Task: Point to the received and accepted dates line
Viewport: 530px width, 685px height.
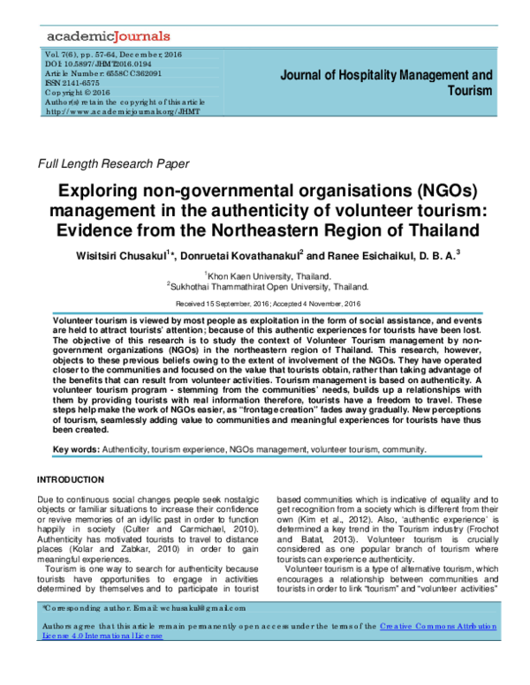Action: [x=265, y=303]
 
